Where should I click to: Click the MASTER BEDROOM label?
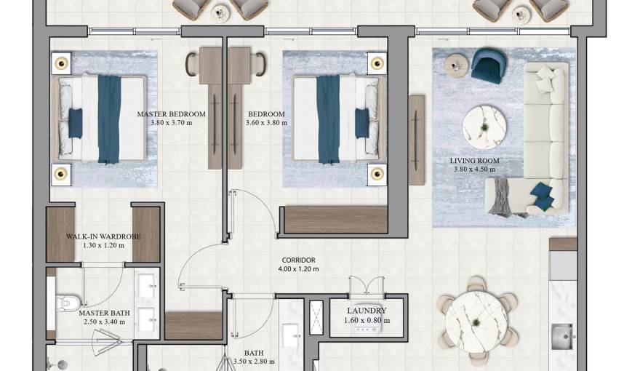172,114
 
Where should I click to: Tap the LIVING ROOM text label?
474,161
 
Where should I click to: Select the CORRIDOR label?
298,260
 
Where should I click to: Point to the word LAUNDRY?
367,311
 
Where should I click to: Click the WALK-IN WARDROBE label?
103,236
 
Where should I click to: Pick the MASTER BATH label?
105,313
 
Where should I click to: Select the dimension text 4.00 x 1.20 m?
298,269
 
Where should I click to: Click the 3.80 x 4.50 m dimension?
474,169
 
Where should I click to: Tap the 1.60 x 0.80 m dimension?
367,320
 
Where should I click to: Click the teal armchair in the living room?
488,65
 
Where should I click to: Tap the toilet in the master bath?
66,300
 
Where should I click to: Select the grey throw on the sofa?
501,196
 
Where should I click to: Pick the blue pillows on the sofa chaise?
541,193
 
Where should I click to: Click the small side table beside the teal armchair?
455,65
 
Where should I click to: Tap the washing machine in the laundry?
367,329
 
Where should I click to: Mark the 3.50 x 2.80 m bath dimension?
254,362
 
